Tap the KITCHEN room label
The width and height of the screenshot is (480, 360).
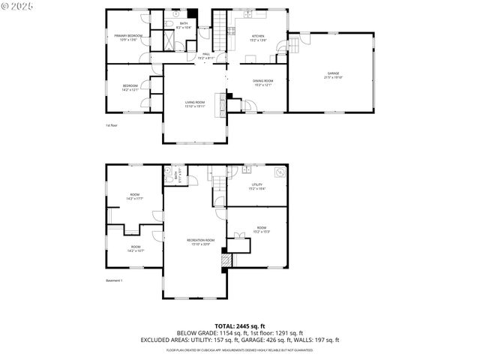click(x=258, y=37)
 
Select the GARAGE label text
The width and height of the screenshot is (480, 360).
click(x=332, y=75)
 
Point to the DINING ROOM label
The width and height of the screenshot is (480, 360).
click(x=262, y=82)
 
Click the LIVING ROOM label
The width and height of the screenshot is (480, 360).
click(x=195, y=104)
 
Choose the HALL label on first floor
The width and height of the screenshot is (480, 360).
click(x=206, y=55)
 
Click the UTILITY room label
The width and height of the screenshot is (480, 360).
click(x=257, y=186)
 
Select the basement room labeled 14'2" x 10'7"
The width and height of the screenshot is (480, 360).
click(x=136, y=248)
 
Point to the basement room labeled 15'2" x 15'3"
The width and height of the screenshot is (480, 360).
click(x=262, y=229)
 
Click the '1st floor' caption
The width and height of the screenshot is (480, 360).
click(x=112, y=125)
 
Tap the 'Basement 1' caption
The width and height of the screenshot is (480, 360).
click(x=114, y=280)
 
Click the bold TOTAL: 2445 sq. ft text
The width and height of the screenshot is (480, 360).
click(x=240, y=326)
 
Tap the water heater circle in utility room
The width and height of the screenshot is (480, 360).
click(x=280, y=172)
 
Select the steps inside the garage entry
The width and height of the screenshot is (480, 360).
click(x=294, y=46)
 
